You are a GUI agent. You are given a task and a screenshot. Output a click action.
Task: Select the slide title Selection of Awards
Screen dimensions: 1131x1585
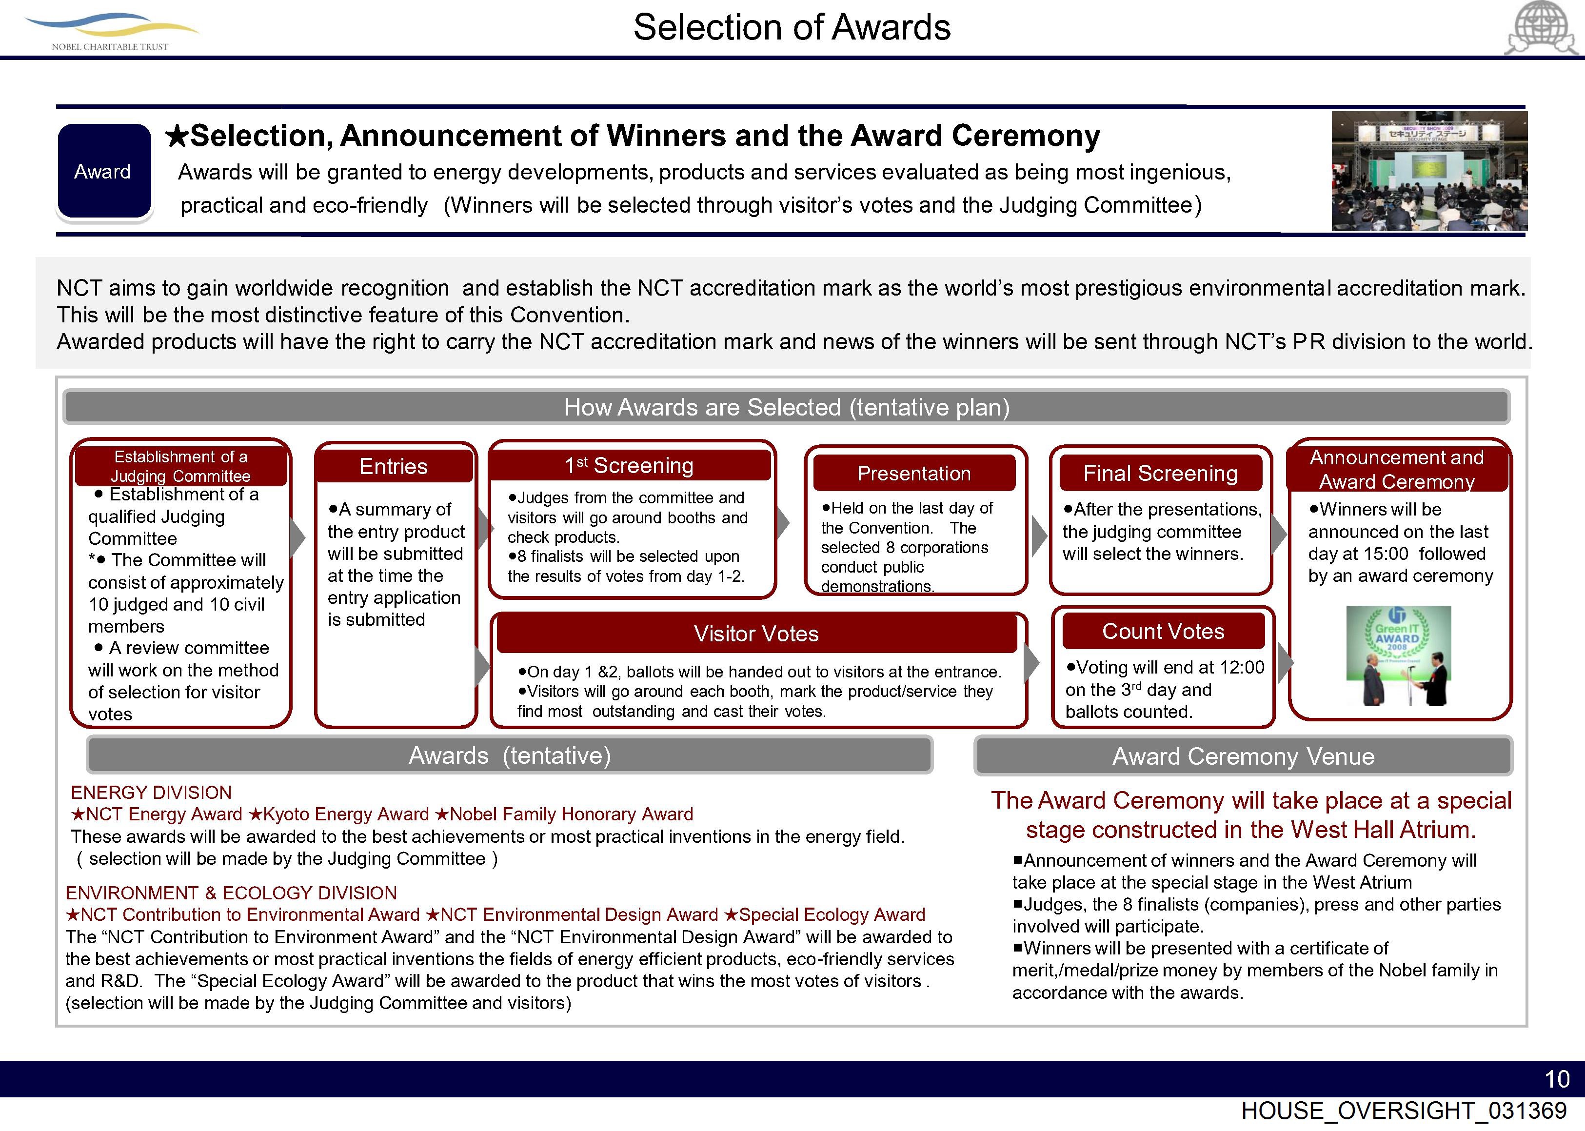pos(792,28)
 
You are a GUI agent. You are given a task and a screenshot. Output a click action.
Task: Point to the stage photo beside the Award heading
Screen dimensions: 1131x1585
pos(1429,171)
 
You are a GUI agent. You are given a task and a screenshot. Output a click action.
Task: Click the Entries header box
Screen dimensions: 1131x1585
pos(394,467)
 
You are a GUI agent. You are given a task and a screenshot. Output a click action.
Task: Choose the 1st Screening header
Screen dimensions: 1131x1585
pos(630,465)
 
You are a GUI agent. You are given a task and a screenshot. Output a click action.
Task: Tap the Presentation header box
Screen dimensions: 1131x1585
pos(913,474)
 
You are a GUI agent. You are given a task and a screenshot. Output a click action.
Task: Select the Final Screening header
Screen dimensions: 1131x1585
pos(1160,474)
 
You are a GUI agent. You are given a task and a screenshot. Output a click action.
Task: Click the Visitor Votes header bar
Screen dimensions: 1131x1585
pos(756,634)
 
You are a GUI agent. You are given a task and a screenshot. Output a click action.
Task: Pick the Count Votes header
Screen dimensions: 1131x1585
pos(1163,632)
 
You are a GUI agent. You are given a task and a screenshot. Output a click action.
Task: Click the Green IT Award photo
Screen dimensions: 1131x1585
pos(1398,655)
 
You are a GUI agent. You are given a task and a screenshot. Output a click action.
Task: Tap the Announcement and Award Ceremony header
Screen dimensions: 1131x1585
pos(1397,469)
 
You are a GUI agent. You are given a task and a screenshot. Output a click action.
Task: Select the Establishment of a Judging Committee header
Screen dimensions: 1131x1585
pos(181,467)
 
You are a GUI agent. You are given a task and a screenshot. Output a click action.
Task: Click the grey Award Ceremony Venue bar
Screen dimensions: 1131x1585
pos(1243,756)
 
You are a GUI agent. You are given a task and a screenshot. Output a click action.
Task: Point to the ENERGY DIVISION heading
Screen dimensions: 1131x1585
pos(151,793)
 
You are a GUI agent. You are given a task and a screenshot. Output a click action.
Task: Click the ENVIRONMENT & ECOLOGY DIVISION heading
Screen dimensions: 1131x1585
pos(231,893)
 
